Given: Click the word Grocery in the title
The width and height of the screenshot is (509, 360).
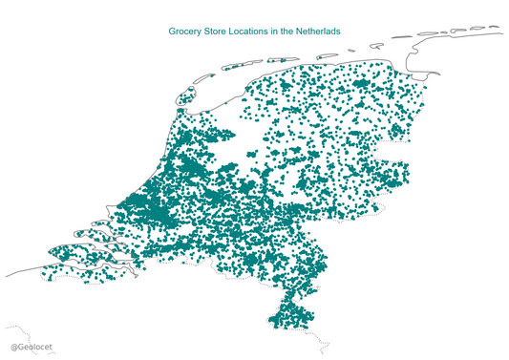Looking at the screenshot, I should click(186, 32).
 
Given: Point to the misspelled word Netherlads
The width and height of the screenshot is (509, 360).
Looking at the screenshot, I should click(314, 32).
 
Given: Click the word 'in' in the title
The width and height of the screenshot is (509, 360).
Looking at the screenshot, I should click(276, 32).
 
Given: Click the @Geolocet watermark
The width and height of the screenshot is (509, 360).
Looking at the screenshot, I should click(32, 349).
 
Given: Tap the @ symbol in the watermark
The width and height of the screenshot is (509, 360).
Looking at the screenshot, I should click(13, 349).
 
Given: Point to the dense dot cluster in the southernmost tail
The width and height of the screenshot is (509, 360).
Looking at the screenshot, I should click(286, 314).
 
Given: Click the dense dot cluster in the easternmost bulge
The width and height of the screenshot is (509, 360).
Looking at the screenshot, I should click(392, 177).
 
